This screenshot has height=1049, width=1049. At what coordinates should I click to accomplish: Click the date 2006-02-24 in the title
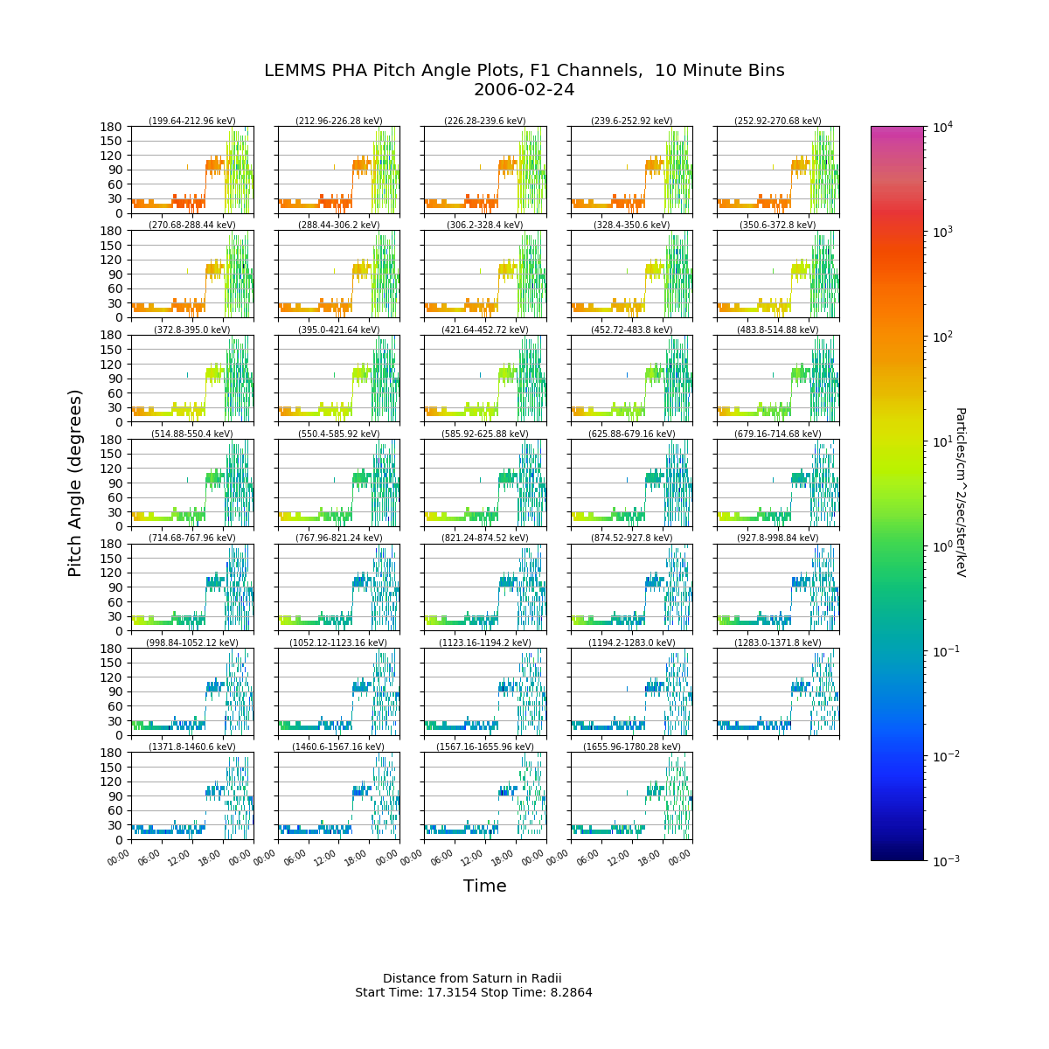pyautogui.click(x=524, y=90)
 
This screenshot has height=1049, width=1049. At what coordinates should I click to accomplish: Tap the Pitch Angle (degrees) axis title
pyautogui.click(x=74, y=483)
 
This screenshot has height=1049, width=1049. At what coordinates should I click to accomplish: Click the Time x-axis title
pyautogui.click(x=484, y=886)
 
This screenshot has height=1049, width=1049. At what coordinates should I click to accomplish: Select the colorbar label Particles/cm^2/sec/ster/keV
pyautogui.click(x=960, y=492)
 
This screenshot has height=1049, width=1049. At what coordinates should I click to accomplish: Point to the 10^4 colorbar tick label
pyautogui.click(x=942, y=127)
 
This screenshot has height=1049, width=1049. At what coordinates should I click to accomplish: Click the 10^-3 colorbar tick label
pyautogui.click(x=944, y=861)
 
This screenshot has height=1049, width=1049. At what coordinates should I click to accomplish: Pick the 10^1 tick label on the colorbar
pyautogui.click(x=942, y=441)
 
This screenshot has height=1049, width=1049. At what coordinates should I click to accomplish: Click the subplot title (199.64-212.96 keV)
pyautogui.click(x=192, y=121)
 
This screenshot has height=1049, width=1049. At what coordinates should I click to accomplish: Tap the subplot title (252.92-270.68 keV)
pyautogui.click(x=778, y=121)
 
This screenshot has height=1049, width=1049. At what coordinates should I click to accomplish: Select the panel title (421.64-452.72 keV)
pyautogui.click(x=485, y=330)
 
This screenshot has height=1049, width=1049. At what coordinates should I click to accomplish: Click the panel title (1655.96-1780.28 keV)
pyautogui.click(x=631, y=747)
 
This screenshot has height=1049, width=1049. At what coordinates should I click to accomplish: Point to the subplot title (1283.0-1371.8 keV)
pyautogui.click(x=778, y=643)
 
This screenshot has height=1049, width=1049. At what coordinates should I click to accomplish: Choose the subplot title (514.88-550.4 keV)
pyautogui.click(x=192, y=434)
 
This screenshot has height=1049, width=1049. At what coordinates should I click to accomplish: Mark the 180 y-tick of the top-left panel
pyautogui.click(x=110, y=127)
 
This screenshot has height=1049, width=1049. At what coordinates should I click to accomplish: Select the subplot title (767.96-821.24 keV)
pyautogui.click(x=338, y=538)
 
